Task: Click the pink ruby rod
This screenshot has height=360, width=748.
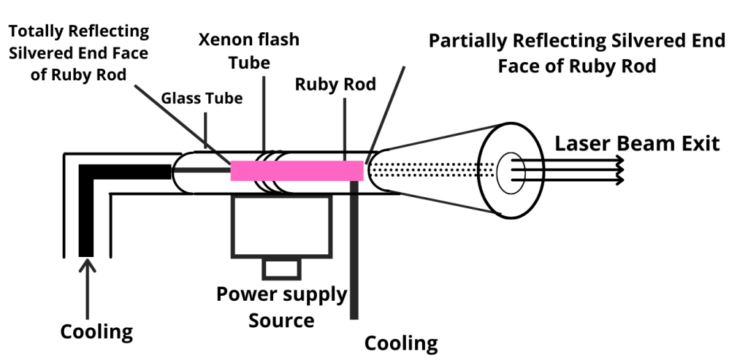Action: coord(297,170)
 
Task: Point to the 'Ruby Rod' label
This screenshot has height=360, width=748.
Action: coord(335,85)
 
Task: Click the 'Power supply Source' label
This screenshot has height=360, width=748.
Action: coord(281,307)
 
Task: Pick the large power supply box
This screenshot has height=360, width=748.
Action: coord(281,226)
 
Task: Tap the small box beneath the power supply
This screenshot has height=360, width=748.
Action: coord(281,268)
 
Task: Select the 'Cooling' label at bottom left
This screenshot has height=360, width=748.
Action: coord(96,332)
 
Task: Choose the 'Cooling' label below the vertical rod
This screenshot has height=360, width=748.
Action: coord(401,342)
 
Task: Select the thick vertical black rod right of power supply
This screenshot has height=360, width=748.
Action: coord(354,248)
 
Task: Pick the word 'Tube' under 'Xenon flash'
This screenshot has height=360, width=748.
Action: coord(249,62)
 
